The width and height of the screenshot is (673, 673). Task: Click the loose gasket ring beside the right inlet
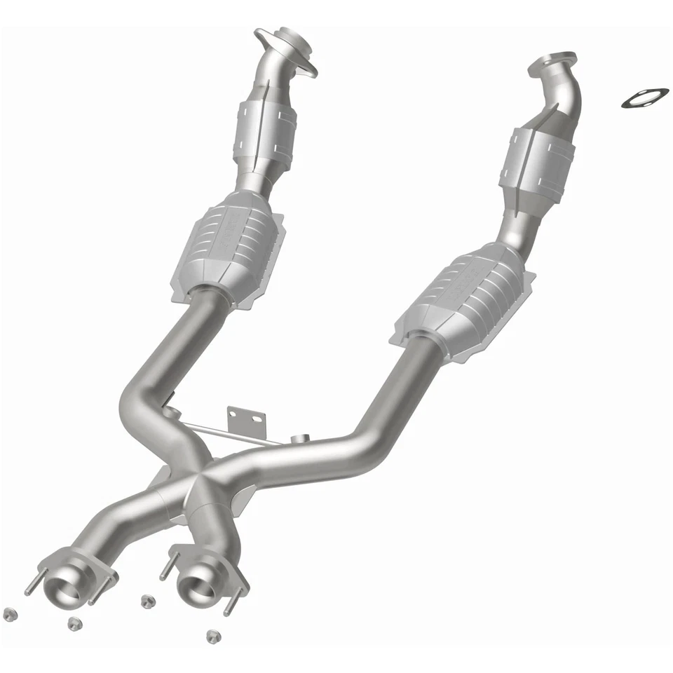coord(644,97)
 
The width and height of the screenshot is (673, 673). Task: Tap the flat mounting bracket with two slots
coord(245,423)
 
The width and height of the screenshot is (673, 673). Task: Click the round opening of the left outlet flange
coord(66,580)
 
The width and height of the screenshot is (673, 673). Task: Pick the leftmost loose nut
coord(9,613)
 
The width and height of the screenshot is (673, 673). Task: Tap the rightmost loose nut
coord(213,635)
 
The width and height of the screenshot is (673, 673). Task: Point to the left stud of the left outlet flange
coord(32,586)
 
